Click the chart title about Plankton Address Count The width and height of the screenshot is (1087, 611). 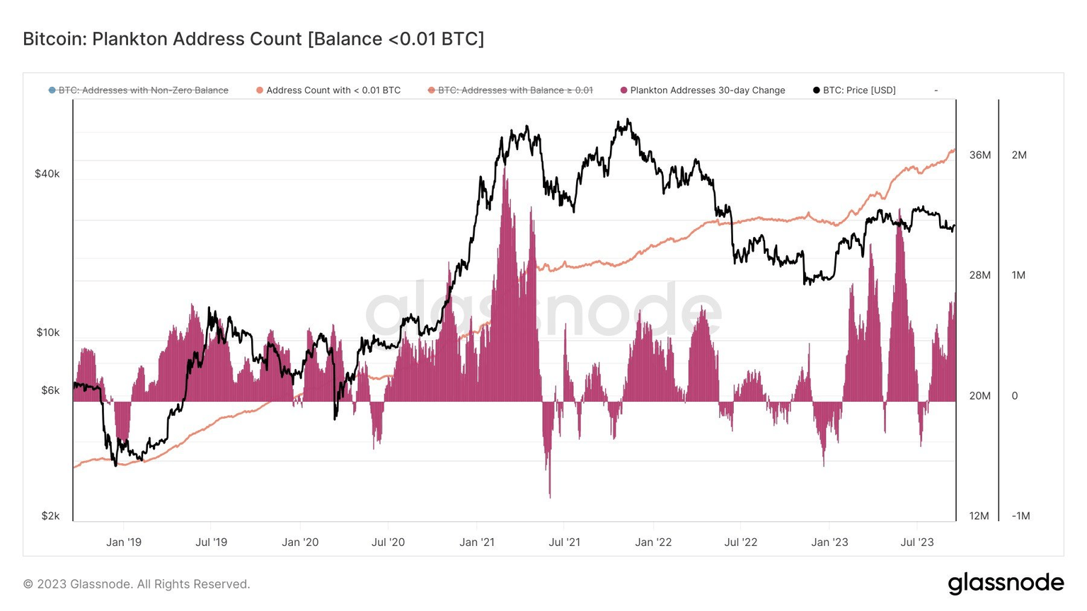click(253, 39)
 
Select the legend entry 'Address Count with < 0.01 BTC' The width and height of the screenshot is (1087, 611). click(333, 91)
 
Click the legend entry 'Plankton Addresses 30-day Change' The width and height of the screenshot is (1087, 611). click(707, 91)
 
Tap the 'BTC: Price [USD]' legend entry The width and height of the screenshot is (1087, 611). click(858, 91)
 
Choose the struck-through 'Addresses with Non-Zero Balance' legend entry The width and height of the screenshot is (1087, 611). click(143, 91)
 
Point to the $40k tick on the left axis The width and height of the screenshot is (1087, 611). click(47, 174)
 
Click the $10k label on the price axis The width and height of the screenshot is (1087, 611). click(47, 332)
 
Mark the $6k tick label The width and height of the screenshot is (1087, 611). click(50, 390)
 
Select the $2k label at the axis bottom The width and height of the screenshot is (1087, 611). click(50, 516)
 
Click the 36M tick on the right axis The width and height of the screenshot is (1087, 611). click(980, 156)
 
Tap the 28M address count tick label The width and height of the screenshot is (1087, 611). click(980, 275)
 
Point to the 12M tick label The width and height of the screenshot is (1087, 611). click(979, 516)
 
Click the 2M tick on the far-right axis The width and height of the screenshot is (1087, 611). click(1019, 156)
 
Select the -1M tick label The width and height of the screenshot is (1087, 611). click(1020, 516)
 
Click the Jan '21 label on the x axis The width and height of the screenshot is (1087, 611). click(477, 542)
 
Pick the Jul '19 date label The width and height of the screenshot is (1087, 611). click(211, 542)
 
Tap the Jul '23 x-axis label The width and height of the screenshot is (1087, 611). click(916, 542)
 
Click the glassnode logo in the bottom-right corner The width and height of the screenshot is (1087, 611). click(1006, 583)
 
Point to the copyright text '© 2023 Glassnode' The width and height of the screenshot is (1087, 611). click(137, 584)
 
